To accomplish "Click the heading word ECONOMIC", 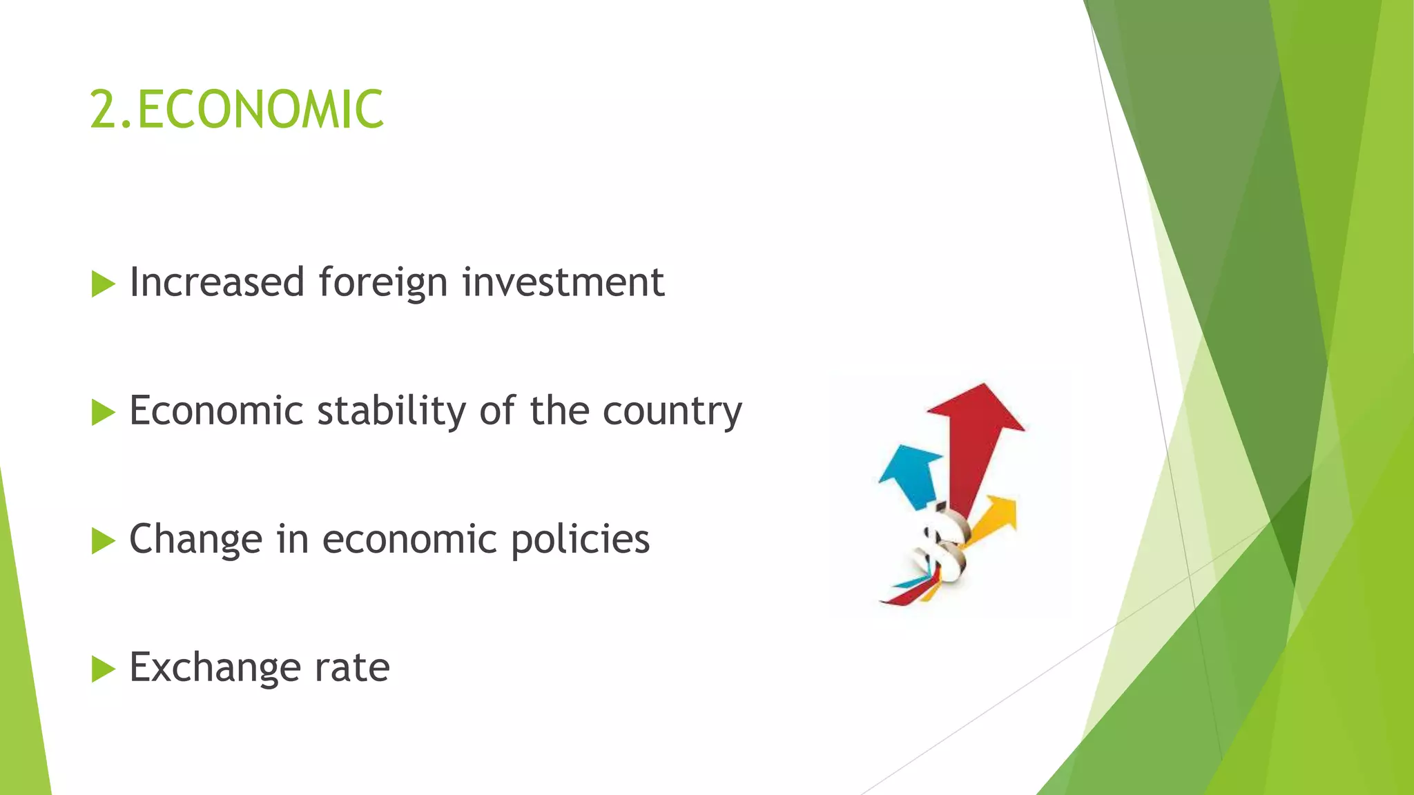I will coord(260,110).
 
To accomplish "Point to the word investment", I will coord(563,282).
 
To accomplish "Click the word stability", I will coord(391,411).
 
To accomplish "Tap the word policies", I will coord(580,540).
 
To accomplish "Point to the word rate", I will coord(352,668).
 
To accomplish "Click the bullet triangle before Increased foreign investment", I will coord(103,284).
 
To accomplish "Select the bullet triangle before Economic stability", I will coord(103,412).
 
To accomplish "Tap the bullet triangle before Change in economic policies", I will coord(103,541).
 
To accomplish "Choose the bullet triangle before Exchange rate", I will coord(103,669).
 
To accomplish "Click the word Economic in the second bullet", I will coord(216,411).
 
